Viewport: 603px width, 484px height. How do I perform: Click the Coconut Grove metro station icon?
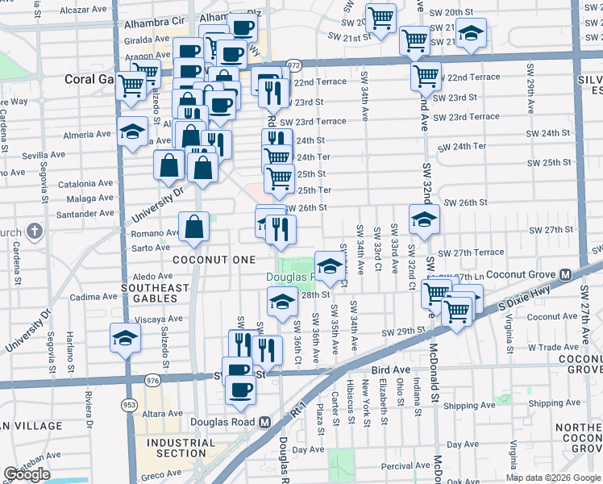tap(565, 274)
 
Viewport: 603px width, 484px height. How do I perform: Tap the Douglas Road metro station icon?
tap(264, 422)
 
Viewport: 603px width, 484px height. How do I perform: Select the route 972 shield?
tap(294, 65)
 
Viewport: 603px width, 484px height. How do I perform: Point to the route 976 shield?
tap(152, 379)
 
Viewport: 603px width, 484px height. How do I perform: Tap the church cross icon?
tap(34, 232)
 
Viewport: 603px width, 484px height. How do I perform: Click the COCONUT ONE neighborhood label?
tap(214, 259)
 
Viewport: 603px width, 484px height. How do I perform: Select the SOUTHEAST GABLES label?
tap(155, 288)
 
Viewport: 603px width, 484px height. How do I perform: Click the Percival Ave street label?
tap(406, 465)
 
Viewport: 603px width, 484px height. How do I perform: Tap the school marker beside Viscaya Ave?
tap(125, 336)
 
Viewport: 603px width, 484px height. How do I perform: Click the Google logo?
tap(27, 474)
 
